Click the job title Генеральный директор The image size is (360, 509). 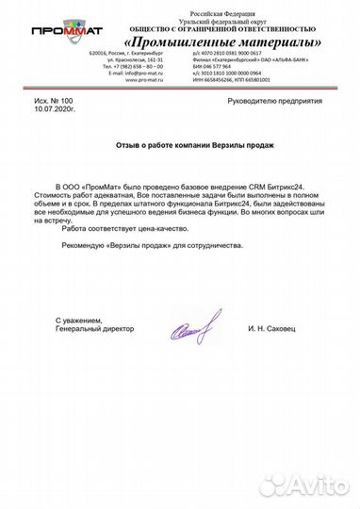pos(94,329)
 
